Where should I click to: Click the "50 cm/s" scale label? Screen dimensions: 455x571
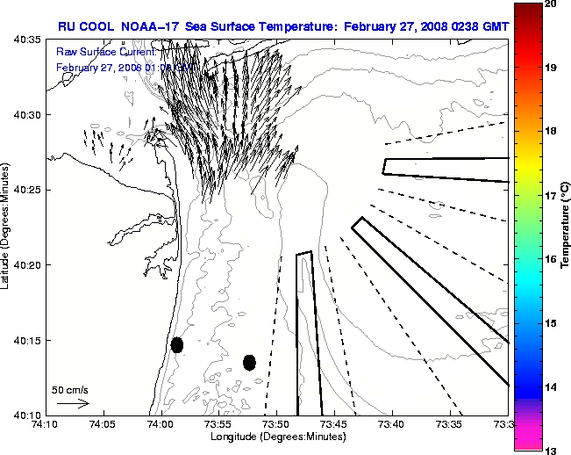pyautogui.click(x=70, y=389)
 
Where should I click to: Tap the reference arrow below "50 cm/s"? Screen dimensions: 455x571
pyautogui.click(x=73, y=403)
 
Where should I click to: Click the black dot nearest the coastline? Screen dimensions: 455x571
pyautogui.click(x=177, y=344)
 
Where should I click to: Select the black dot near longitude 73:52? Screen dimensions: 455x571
pyautogui.click(x=249, y=362)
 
